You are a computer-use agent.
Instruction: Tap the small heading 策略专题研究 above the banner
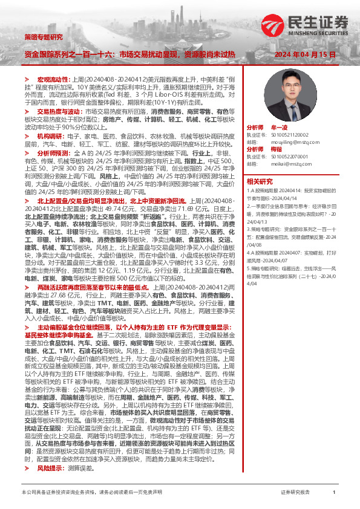pyautogui.click(x=44, y=37)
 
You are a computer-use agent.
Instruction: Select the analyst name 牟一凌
pyautogui.click(x=279, y=128)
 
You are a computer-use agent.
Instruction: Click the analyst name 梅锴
pyautogui.click(x=277, y=149)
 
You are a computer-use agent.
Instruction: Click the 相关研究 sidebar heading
pyautogui.click(x=260, y=181)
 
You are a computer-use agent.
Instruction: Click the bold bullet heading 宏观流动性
pyautogui.click(x=51, y=79)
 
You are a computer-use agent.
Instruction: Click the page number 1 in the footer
pyautogui.click(x=333, y=493)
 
